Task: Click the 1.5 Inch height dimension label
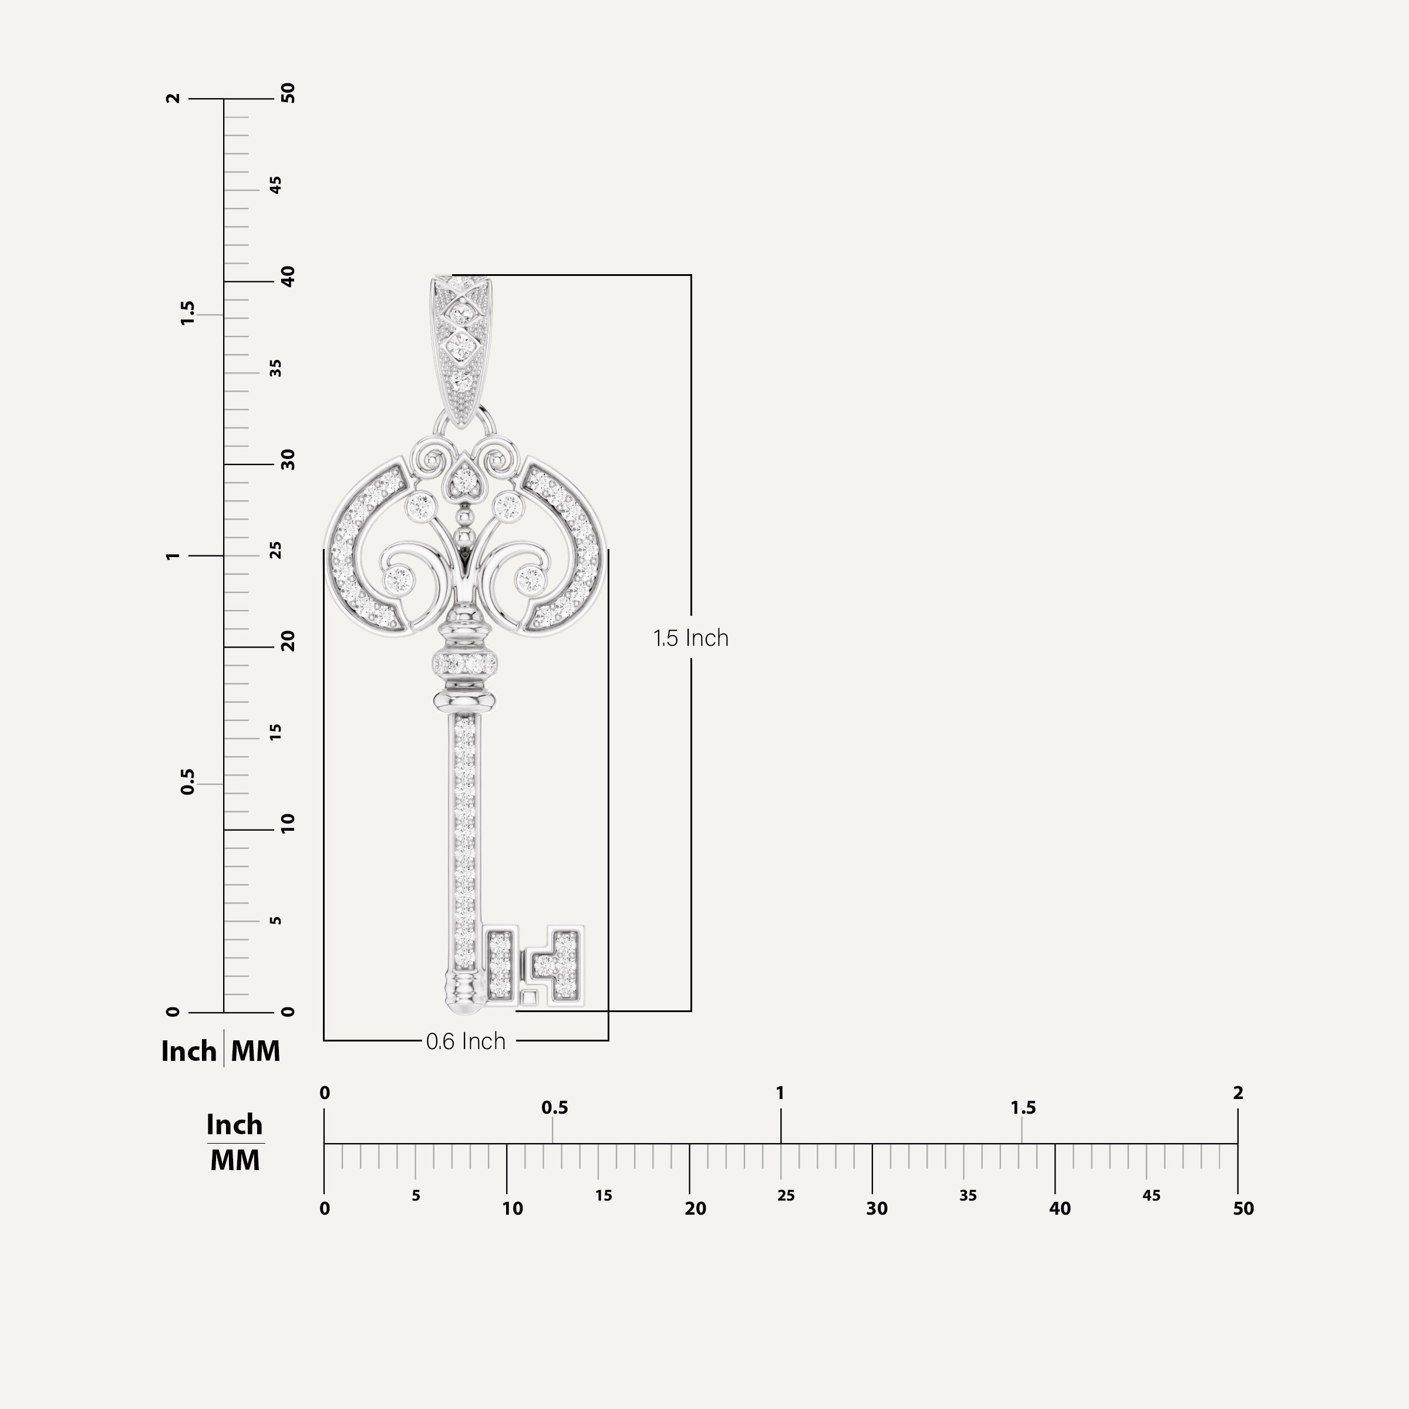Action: click(690, 638)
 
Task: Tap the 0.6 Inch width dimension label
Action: click(466, 1041)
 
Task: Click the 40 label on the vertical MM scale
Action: click(289, 277)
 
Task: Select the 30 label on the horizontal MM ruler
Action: click(877, 1208)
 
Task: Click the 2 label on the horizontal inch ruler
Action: click(1238, 1093)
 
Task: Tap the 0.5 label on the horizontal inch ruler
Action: click(554, 1108)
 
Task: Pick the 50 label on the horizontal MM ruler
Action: click(1243, 1208)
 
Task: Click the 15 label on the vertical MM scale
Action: click(276, 732)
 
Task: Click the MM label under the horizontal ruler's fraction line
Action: click(235, 1160)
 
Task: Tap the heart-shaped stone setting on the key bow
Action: click(464, 480)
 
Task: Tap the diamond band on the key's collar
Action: click(464, 663)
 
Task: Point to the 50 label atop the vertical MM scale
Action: click(289, 93)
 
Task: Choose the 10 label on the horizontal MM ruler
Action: click(512, 1208)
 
